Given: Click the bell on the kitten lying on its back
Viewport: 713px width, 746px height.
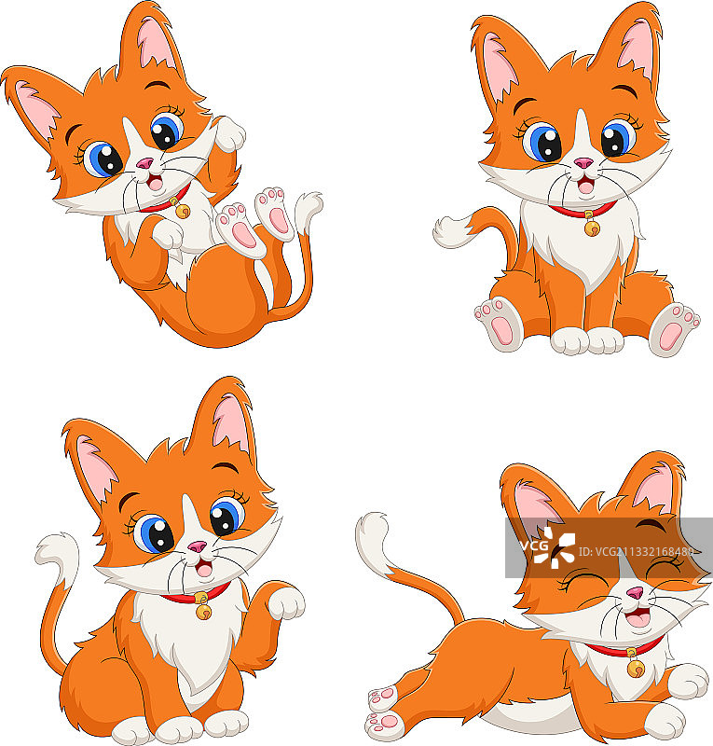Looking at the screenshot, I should tap(181, 210).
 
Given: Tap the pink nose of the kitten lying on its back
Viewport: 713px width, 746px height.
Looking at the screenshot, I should tap(145, 165).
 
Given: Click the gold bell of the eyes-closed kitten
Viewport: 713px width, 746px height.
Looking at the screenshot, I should tap(637, 667).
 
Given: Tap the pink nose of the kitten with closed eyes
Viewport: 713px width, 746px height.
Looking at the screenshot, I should tap(635, 593).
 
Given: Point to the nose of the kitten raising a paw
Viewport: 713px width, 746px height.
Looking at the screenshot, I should tap(198, 546).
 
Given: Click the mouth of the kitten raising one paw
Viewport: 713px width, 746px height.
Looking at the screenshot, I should tap(201, 567).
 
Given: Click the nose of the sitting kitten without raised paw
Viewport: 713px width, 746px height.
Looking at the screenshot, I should tap(583, 164).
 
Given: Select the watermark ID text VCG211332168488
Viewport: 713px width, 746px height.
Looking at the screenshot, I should tap(644, 550).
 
